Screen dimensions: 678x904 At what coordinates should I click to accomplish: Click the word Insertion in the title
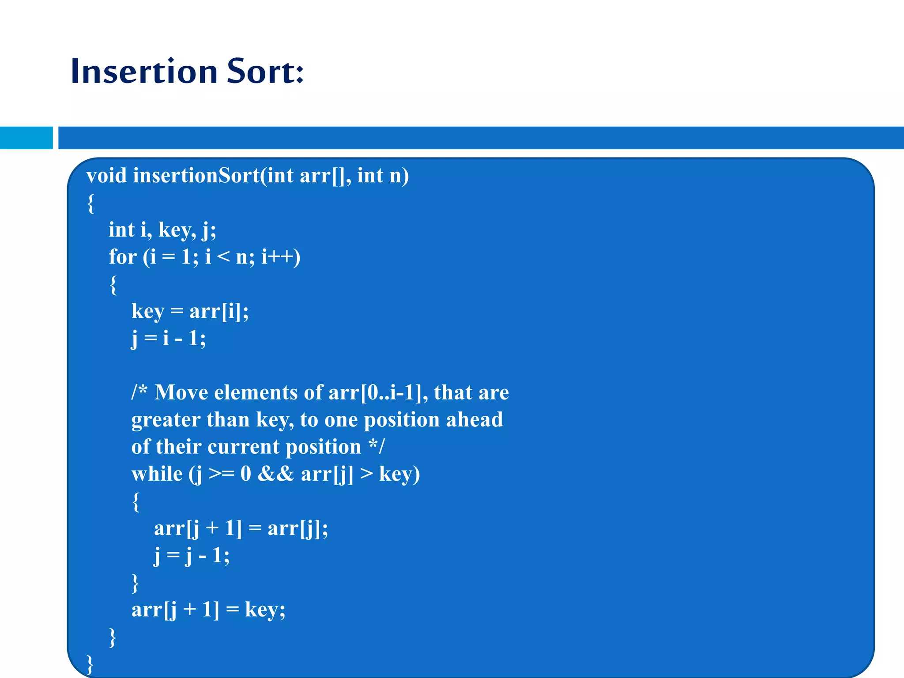(x=144, y=72)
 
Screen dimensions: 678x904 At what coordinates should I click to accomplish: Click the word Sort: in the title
(x=265, y=72)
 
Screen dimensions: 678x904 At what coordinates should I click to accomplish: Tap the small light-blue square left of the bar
(x=26, y=138)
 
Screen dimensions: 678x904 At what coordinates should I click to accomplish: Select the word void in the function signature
(x=106, y=176)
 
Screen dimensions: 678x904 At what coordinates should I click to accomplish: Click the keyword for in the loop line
(x=122, y=257)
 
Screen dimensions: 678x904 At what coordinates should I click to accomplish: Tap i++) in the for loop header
(x=281, y=257)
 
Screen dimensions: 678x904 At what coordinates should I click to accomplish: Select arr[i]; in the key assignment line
(x=219, y=312)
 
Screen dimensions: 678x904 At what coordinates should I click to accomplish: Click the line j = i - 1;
(x=169, y=339)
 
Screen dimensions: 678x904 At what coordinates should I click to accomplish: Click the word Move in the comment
(x=181, y=393)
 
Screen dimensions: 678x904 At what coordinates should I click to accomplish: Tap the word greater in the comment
(x=166, y=420)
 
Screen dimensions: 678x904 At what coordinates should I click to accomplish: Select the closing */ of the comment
(x=377, y=446)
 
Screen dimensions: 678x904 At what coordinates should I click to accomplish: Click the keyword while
(x=157, y=475)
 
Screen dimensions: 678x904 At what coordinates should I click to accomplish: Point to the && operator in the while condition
(x=275, y=475)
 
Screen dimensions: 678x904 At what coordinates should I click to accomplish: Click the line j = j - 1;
(x=192, y=556)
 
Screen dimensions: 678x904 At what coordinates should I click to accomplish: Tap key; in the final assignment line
(x=265, y=610)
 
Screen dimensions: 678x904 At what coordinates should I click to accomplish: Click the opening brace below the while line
(x=136, y=502)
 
